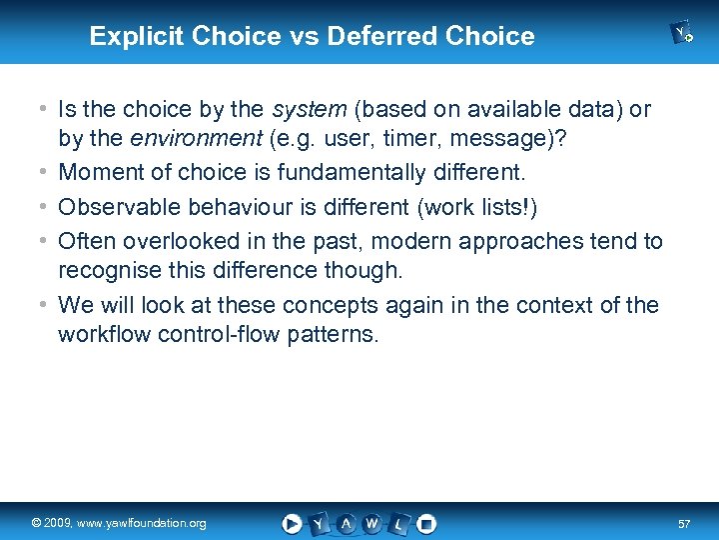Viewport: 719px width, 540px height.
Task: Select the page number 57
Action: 684,523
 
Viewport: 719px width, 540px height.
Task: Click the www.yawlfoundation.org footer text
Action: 150,523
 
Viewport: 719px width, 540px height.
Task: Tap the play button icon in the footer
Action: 292,523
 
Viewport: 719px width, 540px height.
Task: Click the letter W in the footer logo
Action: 371,523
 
